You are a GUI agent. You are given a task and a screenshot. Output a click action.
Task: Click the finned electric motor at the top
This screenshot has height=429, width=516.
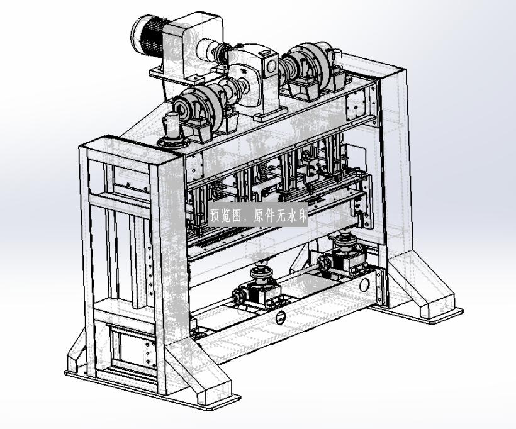(147, 38)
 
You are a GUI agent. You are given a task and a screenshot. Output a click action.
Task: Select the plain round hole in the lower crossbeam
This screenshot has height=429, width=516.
(364, 285)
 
